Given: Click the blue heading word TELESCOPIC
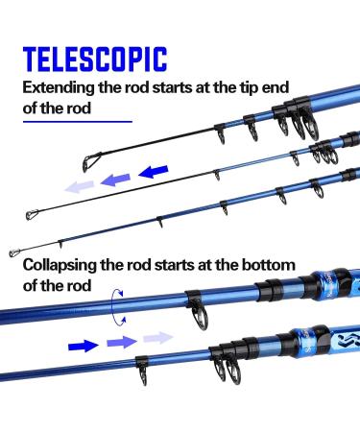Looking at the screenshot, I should pos(95,60).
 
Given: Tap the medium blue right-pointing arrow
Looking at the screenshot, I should pos(120,341).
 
